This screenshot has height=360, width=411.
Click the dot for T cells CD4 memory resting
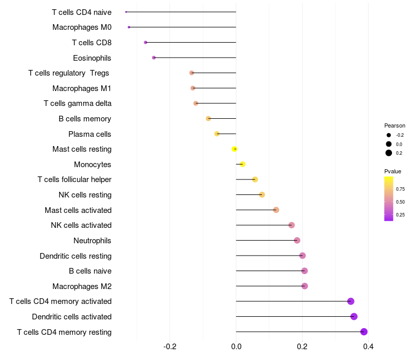364,332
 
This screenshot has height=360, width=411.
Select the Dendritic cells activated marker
354,316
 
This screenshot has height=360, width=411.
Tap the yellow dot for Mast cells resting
234,149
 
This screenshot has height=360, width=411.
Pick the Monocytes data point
242,164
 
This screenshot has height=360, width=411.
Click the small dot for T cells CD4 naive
126,12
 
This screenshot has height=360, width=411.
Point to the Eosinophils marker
154,58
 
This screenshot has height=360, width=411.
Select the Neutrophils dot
297,240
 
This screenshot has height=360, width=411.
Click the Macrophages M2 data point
305,286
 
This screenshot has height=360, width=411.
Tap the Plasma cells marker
217,134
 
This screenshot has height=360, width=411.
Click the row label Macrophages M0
82,27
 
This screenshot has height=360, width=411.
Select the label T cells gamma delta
78,103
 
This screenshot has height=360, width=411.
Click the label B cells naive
90,271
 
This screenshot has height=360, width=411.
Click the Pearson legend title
395,125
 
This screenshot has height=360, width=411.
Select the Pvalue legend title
393,171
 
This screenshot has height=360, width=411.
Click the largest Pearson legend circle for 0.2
389,153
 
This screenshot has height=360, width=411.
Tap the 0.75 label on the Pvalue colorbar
400,189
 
